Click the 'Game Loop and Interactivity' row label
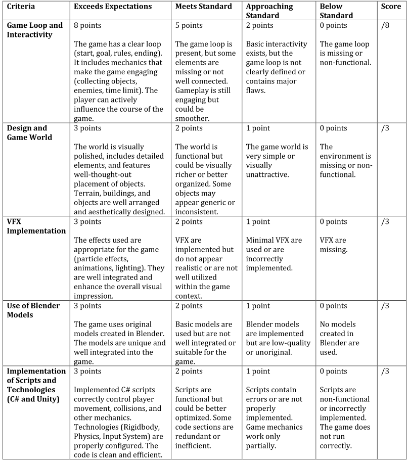(35, 30)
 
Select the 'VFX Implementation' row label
(36, 226)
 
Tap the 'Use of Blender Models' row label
(33, 310)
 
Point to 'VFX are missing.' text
(333, 245)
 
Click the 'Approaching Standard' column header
(269, 11)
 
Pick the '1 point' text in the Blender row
(258, 306)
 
